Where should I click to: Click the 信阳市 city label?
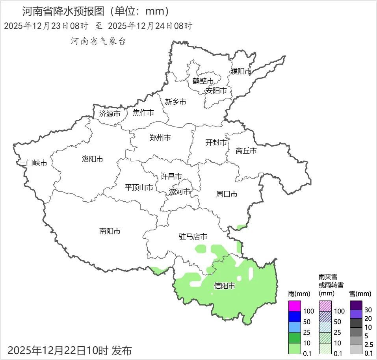(224, 286)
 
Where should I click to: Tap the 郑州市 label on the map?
(160, 138)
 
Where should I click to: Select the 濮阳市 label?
(241, 71)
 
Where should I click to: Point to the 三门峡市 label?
(33, 163)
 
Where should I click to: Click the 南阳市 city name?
(110, 231)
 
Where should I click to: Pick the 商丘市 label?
(246, 150)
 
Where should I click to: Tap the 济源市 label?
(110, 114)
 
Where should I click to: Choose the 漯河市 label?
(179, 192)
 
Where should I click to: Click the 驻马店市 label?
(193, 237)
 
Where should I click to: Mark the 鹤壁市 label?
(203, 81)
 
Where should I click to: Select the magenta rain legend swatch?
(294, 306)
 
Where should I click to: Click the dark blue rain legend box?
(294, 317)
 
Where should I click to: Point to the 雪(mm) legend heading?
(360, 294)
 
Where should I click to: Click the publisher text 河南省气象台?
(98, 41)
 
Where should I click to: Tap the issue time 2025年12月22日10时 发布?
(70, 350)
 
